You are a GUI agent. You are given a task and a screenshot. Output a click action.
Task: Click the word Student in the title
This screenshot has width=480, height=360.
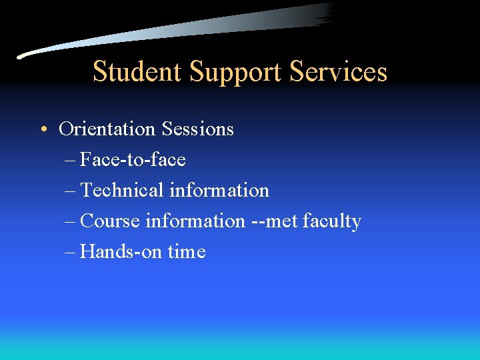coord(138,71)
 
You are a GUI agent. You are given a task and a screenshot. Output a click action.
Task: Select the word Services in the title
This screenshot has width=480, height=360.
coord(339,71)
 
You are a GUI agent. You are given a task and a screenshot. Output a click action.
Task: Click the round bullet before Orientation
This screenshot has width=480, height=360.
coord(43,129)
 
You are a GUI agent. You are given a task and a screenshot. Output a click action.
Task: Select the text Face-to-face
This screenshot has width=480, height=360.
coord(133,159)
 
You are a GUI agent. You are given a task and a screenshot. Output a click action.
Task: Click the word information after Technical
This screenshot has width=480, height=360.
coord(219,190)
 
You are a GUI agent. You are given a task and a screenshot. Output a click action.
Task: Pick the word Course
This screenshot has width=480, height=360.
coord(111,221)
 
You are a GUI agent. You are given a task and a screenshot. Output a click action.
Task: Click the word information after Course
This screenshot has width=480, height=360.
coord(195,221)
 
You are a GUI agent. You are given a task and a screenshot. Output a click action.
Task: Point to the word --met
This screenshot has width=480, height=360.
coord(274,221)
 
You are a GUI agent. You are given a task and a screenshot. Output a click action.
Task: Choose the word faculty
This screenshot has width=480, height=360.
coord(331,221)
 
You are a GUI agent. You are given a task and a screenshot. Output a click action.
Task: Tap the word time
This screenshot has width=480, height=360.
coord(187,251)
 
